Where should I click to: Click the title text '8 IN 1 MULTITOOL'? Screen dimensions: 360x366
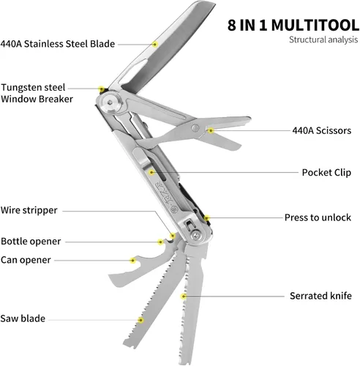click(x=293, y=25)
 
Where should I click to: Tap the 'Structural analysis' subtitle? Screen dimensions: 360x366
click(x=323, y=40)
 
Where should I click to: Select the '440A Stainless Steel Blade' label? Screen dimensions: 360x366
click(x=58, y=44)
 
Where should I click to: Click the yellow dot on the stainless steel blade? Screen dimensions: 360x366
click(x=154, y=45)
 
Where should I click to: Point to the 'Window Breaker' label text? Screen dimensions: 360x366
click(x=37, y=99)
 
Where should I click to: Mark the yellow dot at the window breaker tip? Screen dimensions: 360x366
click(x=102, y=89)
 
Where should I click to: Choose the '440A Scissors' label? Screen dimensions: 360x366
click(x=322, y=130)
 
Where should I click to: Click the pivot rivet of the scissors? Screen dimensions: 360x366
click(x=195, y=128)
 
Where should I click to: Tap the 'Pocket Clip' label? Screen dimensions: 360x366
click(x=326, y=173)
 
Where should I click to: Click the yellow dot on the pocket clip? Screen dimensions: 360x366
click(x=151, y=173)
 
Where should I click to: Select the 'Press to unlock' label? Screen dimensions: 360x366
click(x=318, y=217)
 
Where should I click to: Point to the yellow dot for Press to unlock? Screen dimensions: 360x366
click(x=207, y=218)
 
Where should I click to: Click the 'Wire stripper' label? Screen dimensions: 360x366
click(x=29, y=210)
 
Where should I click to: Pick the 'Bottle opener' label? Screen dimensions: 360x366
click(x=31, y=242)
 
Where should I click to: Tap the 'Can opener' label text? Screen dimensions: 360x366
click(x=26, y=260)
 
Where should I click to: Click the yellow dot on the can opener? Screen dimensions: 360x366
click(x=132, y=261)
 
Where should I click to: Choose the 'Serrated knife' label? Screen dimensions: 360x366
click(x=320, y=296)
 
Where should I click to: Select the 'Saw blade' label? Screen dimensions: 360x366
click(x=23, y=318)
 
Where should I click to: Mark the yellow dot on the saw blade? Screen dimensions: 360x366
click(x=140, y=320)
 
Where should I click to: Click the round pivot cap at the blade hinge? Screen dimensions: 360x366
click(x=111, y=102)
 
